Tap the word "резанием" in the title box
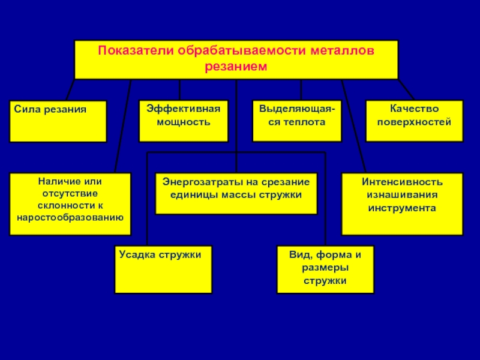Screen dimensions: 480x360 (x=235, y=67)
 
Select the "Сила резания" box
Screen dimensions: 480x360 (x=58, y=121)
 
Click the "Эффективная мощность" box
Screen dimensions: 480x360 (x=184, y=121)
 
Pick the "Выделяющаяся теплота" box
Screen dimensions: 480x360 (x=297, y=121)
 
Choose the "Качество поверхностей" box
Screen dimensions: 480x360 (x=415, y=121)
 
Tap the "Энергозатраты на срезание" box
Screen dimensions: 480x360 (x=236, y=193)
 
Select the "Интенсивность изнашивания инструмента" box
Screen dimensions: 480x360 (x=402, y=204)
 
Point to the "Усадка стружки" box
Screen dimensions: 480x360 (x=163, y=269)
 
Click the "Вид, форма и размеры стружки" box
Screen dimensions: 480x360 (x=325, y=269)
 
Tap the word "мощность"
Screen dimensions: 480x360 (x=184, y=122)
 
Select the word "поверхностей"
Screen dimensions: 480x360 (x=415, y=122)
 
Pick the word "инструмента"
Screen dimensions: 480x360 (x=402, y=208)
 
